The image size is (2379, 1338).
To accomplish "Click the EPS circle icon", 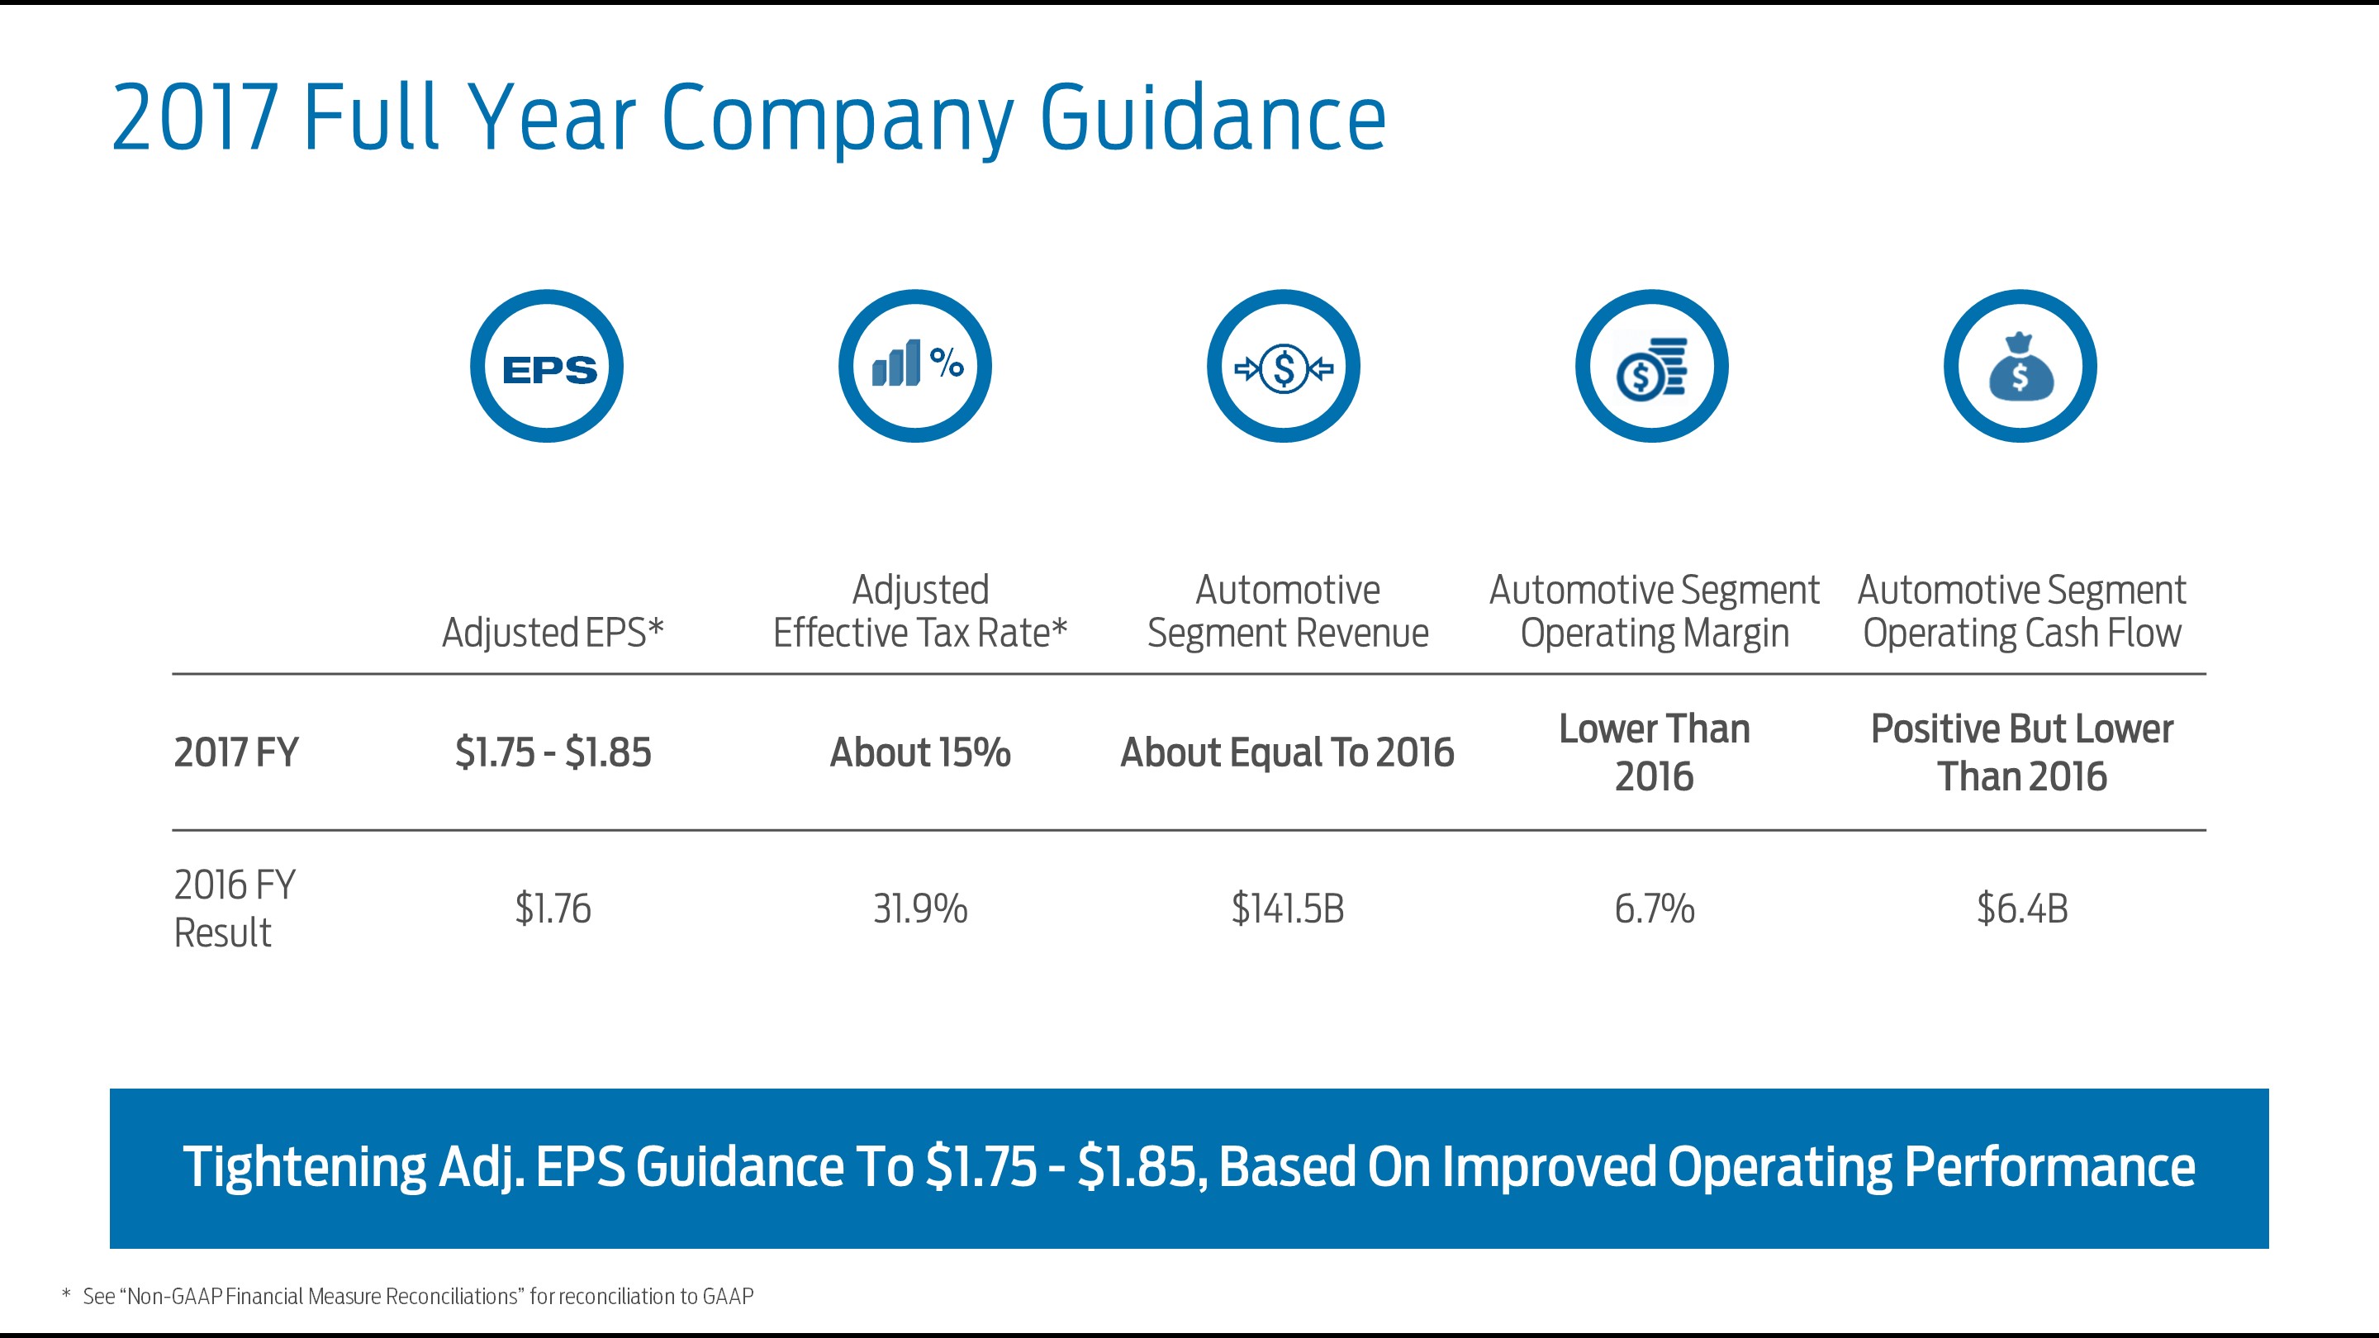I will point(547,367).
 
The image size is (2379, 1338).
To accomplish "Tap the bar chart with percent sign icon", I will point(915,367).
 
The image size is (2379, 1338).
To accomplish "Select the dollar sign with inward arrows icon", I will point(1284,367).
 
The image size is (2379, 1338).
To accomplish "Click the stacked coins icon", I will point(1652,367).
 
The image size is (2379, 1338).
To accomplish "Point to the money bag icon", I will point(2020,367).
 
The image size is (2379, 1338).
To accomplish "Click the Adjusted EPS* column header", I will point(553,633).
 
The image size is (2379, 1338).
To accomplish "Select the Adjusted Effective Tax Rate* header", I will point(920,611).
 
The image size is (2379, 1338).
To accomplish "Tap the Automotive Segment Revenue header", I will point(1288,611).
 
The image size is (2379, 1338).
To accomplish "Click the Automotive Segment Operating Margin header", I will point(1654,611).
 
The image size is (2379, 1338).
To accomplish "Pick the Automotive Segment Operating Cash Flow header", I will point(2021,611).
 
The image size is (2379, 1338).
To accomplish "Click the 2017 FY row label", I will point(236,752).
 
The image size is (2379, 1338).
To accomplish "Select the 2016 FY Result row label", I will point(235,909).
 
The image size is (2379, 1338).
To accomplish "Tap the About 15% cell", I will point(920,752).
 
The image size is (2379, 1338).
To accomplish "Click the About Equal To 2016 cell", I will point(1288,752).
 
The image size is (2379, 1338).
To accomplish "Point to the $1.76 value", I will point(553,909).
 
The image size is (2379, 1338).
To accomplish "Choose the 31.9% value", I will point(920,909).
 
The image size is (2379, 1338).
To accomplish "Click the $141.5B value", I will point(1288,909).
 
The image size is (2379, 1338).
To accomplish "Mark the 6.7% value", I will point(1654,909).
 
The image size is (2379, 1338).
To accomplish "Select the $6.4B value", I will point(2021,909).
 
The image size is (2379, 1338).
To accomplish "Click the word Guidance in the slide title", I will point(1213,118).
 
